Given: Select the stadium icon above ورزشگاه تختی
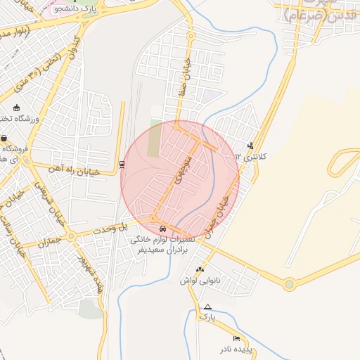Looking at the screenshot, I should tap(16, 108).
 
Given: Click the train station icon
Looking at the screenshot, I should tap(122, 165).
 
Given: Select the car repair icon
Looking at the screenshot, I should tap(163, 229).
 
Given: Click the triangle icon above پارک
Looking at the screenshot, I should tap(207, 307).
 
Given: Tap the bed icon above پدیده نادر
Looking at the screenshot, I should tap(236, 339).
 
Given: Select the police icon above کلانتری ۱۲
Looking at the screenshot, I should tap(251, 146).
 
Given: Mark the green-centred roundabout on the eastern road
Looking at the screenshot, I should tap(288, 285).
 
